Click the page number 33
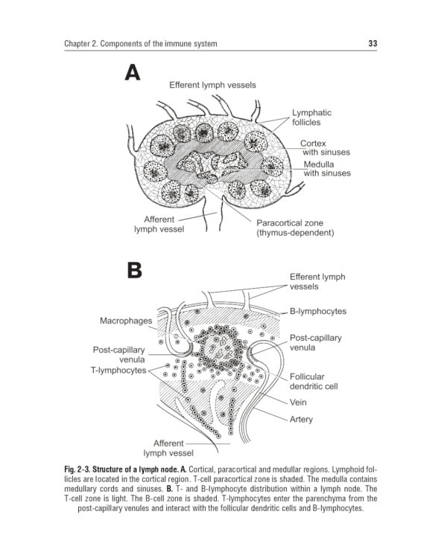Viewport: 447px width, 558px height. point(372,44)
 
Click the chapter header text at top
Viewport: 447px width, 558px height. point(141,44)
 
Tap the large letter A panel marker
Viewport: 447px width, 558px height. point(132,73)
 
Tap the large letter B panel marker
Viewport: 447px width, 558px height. point(133,270)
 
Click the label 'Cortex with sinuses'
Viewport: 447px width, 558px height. point(325,147)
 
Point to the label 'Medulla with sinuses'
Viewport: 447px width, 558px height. point(327,169)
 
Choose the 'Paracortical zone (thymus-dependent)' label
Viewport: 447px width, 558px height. point(295,228)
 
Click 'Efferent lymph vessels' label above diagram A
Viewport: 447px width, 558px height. point(212,86)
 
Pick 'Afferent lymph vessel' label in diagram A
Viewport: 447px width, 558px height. point(159,224)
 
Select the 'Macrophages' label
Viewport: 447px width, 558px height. point(126,321)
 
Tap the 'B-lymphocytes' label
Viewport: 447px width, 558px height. point(318,311)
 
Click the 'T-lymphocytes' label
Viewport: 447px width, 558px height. point(119,370)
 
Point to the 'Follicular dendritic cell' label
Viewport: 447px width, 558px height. point(314,382)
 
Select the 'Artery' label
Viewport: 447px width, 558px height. point(302,419)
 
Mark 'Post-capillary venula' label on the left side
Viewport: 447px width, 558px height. point(118,354)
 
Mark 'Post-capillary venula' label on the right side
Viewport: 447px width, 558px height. point(315,342)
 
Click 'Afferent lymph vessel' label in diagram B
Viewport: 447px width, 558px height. point(169,447)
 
